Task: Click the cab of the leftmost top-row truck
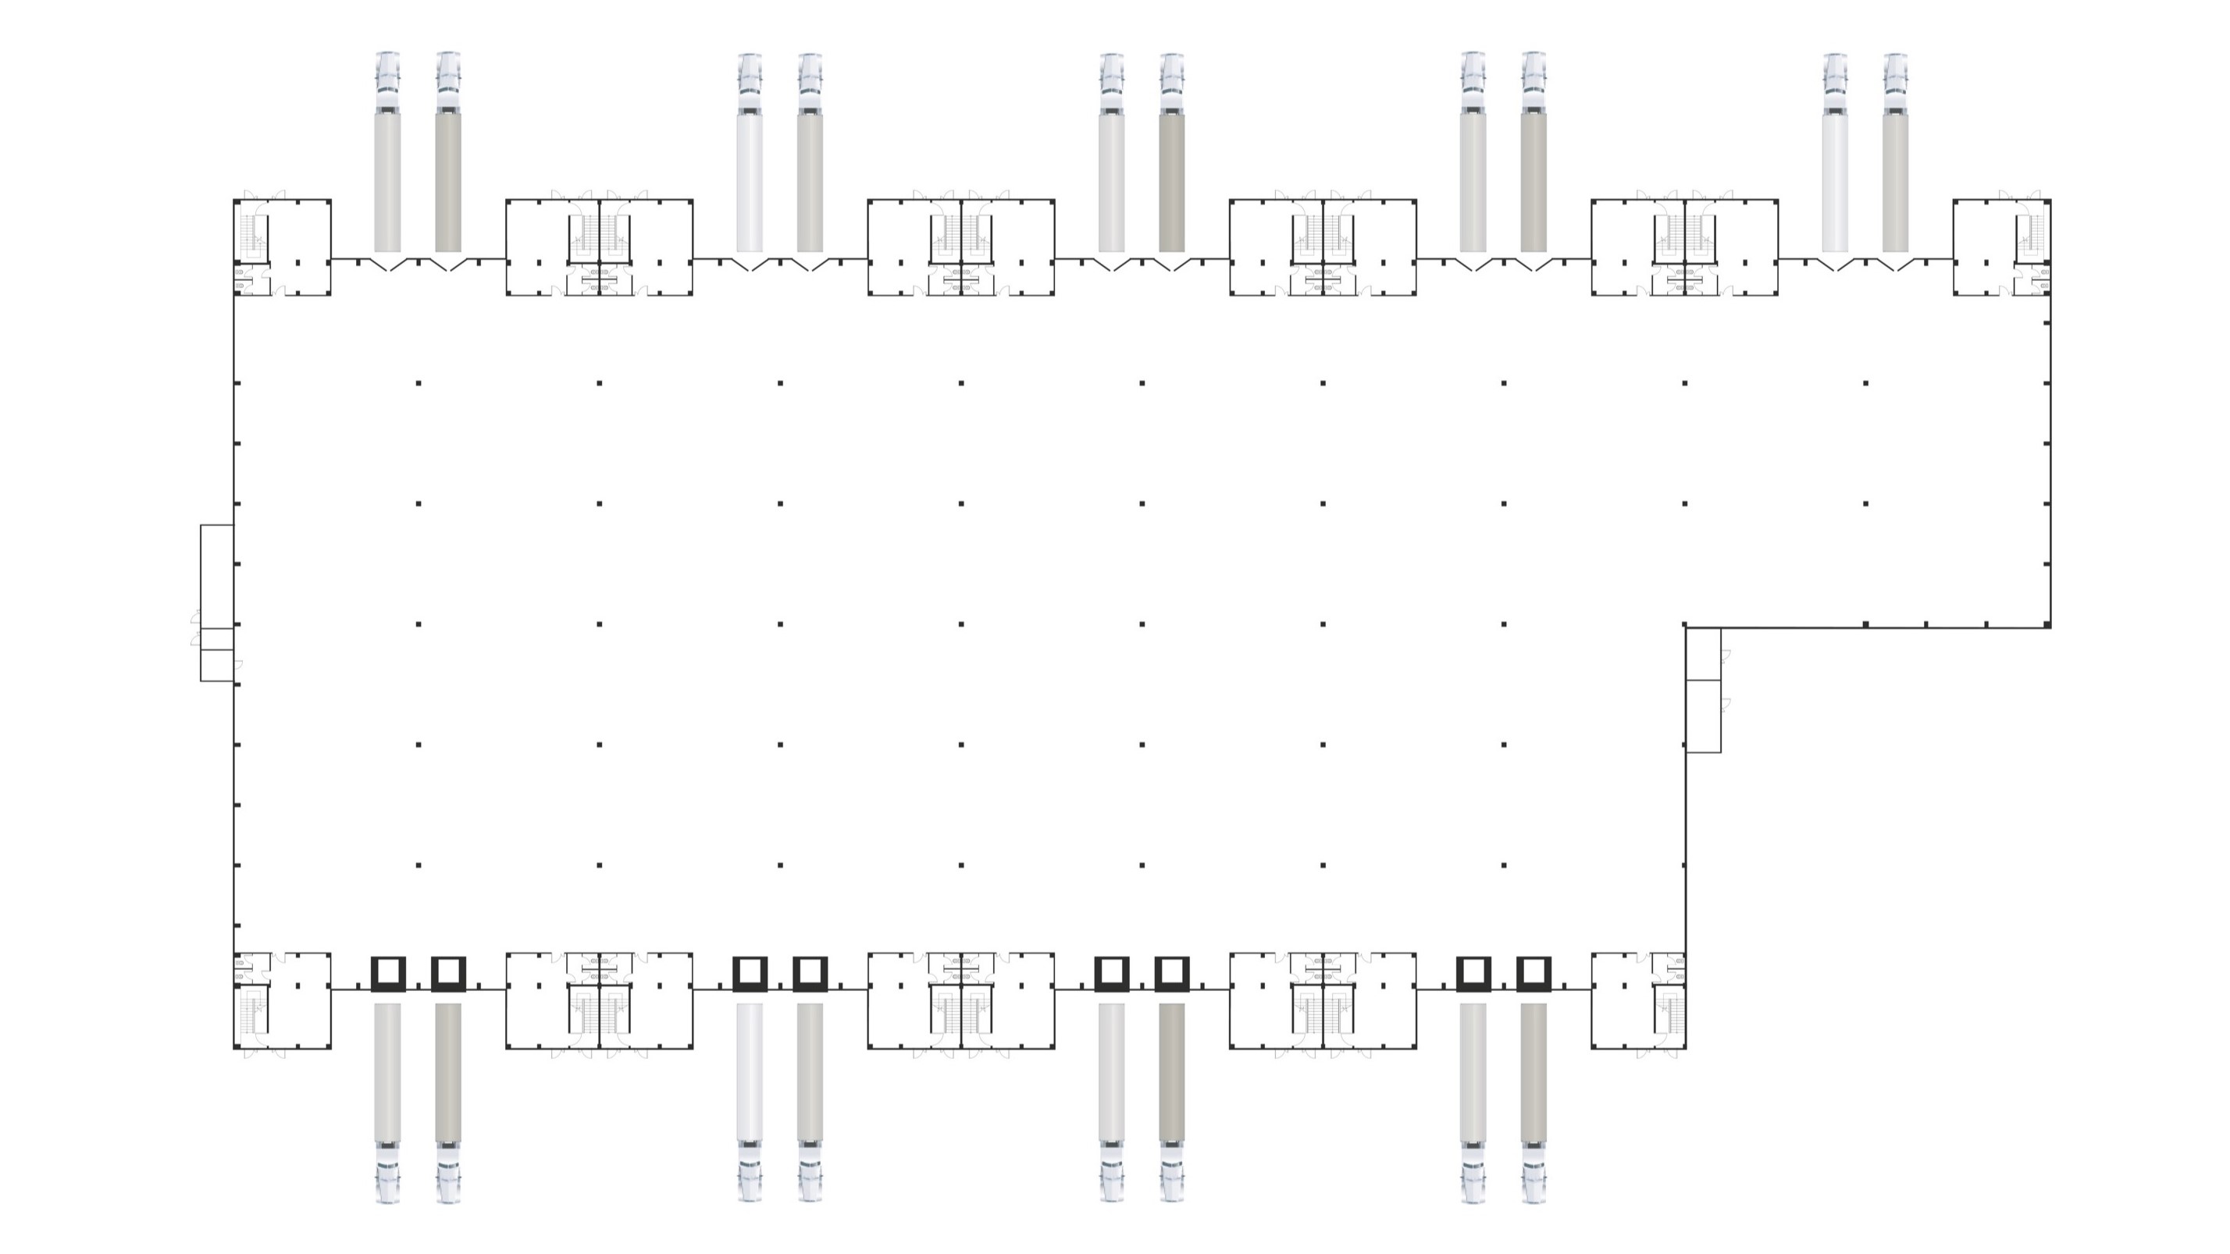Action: coord(388,82)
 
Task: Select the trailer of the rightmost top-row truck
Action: coord(1895,182)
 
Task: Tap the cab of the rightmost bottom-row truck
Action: coord(1534,1172)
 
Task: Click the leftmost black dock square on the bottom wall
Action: coord(388,974)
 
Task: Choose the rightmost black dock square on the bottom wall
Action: coord(1534,974)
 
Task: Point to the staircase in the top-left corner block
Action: coord(252,232)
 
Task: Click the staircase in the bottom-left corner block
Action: coord(252,1013)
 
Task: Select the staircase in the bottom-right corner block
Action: coord(1667,1013)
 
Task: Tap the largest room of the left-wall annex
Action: coord(217,576)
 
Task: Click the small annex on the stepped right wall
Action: coord(1703,690)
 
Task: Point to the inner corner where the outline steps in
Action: coord(1687,627)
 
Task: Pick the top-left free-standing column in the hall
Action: coord(419,382)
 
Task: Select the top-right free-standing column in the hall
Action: coord(1865,382)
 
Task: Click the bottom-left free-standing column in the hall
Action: coord(419,865)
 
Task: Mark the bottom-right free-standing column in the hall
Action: coord(1504,865)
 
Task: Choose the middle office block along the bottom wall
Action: coord(961,1001)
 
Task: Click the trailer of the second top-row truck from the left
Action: coord(448,182)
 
